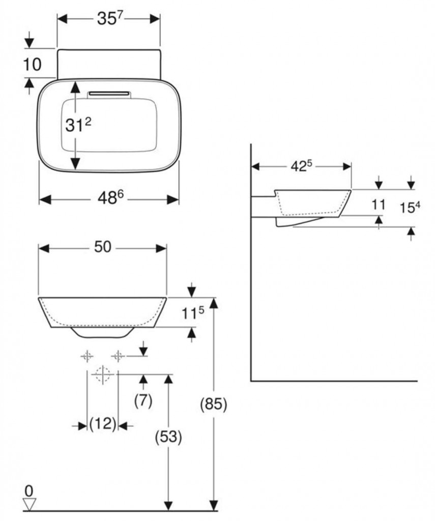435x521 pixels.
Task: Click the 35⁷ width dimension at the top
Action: pyautogui.click(x=108, y=19)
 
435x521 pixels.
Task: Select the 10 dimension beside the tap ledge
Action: pyautogui.click(x=31, y=64)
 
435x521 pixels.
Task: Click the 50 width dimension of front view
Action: pyautogui.click(x=103, y=248)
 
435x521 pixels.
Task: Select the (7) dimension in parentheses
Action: pyautogui.click(x=143, y=401)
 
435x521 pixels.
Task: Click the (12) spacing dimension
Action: pyautogui.click(x=103, y=424)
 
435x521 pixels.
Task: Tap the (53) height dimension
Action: pyautogui.click(x=168, y=437)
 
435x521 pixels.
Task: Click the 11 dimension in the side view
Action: pyautogui.click(x=379, y=205)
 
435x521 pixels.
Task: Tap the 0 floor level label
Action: pyautogui.click(x=29, y=491)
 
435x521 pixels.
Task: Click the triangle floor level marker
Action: pyautogui.click(x=30, y=504)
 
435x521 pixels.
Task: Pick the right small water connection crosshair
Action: pyautogui.click(x=118, y=356)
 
